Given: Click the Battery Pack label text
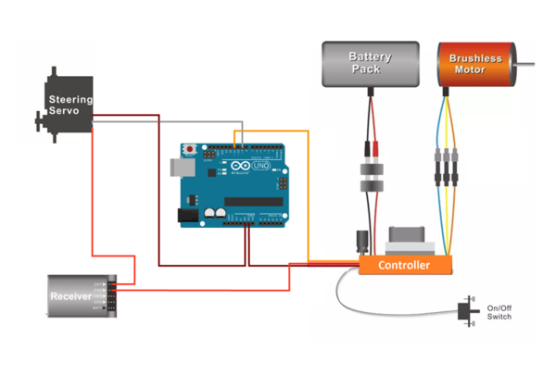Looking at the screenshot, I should click(x=370, y=62).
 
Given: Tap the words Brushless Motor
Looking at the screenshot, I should click(x=475, y=64).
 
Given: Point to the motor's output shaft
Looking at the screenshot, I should click(x=524, y=64).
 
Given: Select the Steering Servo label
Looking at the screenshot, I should click(x=70, y=103).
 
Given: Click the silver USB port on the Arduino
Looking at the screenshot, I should click(x=180, y=166).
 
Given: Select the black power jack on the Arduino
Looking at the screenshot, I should click(x=188, y=215).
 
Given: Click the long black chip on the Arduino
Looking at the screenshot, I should click(x=255, y=203).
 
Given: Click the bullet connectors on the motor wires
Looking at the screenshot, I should click(x=444, y=167).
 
